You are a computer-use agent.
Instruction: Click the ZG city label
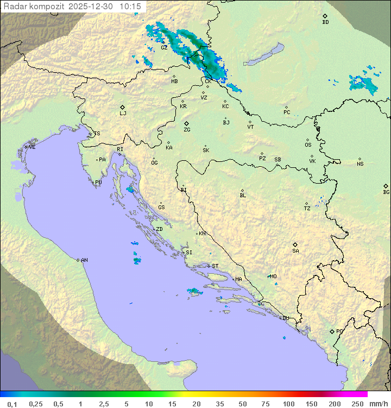point(187,130)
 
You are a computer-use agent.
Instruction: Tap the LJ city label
point(123,114)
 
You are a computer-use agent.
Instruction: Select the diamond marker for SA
point(295,244)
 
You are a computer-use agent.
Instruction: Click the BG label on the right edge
point(386,192)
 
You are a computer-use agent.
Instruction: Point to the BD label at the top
point(325,22)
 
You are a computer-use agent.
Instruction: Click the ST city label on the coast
point(215,266)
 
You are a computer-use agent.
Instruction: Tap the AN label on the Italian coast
point(84,260)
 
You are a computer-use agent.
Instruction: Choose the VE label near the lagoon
point(32,147)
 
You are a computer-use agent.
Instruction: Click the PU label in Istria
point(98,183)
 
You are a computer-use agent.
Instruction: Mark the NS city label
point(360,164)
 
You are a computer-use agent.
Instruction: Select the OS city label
point(308,145)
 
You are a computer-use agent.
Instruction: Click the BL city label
point(243,196)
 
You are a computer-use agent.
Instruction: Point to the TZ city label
point(307,209)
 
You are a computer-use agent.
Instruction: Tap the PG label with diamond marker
point(339,331)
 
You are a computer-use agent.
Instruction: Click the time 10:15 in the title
point(130,7)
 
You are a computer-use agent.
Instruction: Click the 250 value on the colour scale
point(357,404)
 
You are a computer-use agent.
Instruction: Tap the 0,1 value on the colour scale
point(12,404)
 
